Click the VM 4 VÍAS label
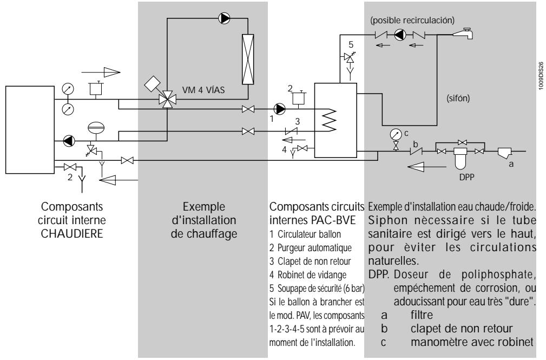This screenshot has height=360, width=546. coord(203,90)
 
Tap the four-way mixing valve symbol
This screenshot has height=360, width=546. coord(168,100)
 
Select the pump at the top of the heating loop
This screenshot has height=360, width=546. coord(224,18)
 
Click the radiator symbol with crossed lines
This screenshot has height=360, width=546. coord(248,59)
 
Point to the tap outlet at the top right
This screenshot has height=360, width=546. coord(463,34)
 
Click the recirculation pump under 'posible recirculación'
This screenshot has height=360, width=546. coord(400,35)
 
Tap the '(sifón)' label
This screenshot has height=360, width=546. coord(458,99)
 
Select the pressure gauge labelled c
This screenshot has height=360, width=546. coord(396,134)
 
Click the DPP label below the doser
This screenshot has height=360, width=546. coord(466,177)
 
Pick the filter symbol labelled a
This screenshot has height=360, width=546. coord(504,153)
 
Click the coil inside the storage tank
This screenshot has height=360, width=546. coord(330,121)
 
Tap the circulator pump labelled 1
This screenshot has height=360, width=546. coord(280,109)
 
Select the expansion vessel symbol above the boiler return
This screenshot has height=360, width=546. coord(96,128)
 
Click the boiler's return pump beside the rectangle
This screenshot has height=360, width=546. coord(69,141)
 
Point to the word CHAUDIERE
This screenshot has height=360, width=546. coord(72,233)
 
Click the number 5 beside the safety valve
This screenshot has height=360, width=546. coord(351,44)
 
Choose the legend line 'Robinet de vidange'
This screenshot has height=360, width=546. coord(308,275)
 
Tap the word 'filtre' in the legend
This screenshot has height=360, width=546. coord(422,315)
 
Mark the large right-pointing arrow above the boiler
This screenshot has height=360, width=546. coord(101,73)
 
